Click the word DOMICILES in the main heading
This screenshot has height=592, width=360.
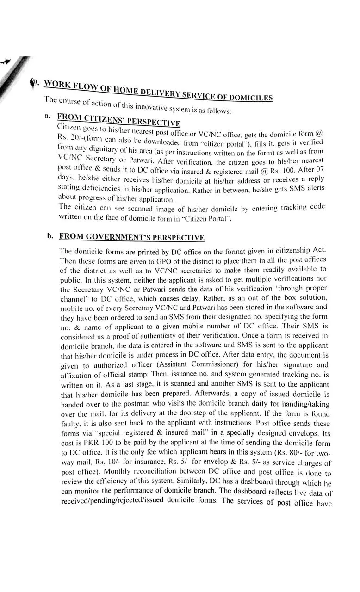point(250,97)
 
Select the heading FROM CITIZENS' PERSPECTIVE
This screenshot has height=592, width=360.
point(118,120)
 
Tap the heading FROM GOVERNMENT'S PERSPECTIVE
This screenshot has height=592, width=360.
point(131,237)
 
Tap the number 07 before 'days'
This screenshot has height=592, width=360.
point(318,170)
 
